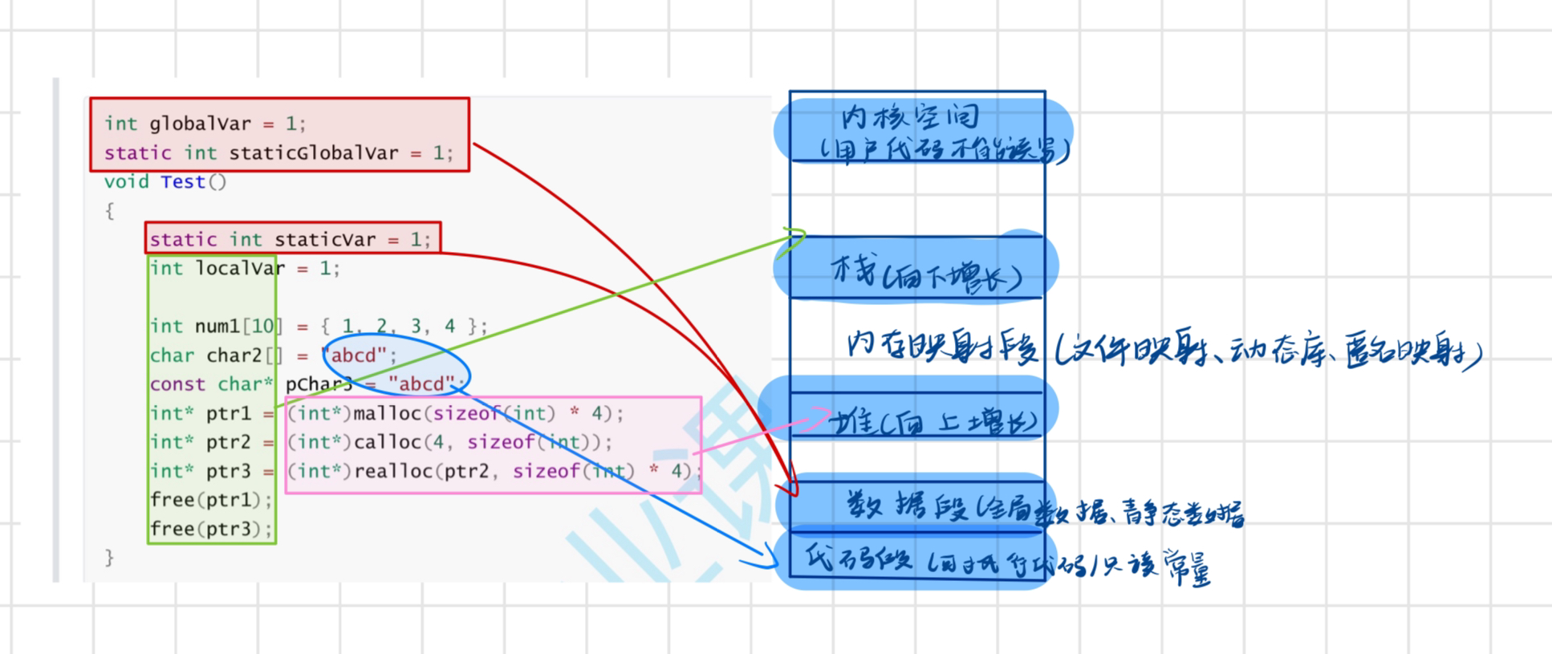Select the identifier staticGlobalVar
(314, 152)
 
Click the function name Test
(183, 182)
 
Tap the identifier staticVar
(325, 239)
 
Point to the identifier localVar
(240, 268)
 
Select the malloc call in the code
(388, 413)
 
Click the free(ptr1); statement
(211, 500)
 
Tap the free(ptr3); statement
(211, 529)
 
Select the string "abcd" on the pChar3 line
(421, 384)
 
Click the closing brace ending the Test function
(109, 558)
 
